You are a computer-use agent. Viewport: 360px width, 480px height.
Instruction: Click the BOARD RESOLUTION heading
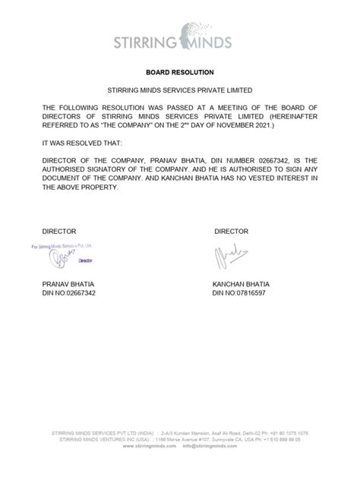coord(179,74)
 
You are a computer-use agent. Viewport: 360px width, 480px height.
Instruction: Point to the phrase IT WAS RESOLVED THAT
coord(77,142)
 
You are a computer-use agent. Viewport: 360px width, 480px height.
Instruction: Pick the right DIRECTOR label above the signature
coord(232,231)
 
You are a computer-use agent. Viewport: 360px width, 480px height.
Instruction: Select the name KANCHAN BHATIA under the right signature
coord(242,283)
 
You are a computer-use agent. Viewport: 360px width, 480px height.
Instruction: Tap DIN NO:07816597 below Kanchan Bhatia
coord(239,292)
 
